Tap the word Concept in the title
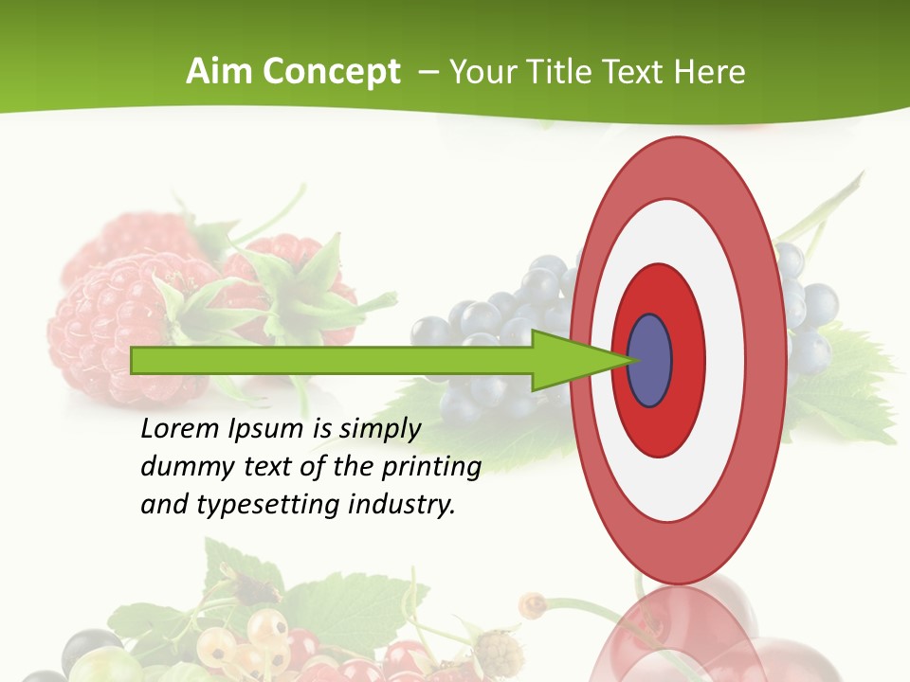pos(332,72)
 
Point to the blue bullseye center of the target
pos(650,361)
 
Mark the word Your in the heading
pos(481,72)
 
